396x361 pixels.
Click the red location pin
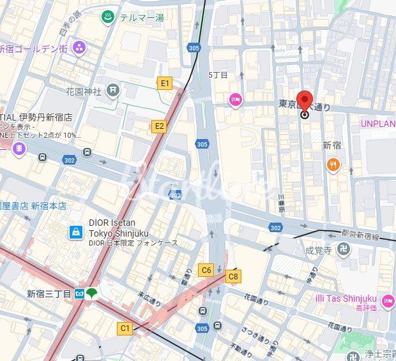305,103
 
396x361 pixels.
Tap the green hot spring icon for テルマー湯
107,17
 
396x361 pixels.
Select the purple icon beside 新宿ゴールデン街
79,47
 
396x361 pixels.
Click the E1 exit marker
165,83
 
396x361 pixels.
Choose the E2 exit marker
159,126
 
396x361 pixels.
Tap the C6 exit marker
206,270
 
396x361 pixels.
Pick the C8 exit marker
233,276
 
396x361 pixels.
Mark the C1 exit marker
125,328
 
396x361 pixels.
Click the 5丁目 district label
218,75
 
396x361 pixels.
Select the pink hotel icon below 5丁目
236,99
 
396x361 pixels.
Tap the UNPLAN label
378,124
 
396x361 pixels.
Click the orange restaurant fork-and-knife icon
333,165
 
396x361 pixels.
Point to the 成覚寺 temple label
317,249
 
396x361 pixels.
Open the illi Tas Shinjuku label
346,298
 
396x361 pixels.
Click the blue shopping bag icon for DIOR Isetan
76,232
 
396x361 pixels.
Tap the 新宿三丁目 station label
49,293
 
